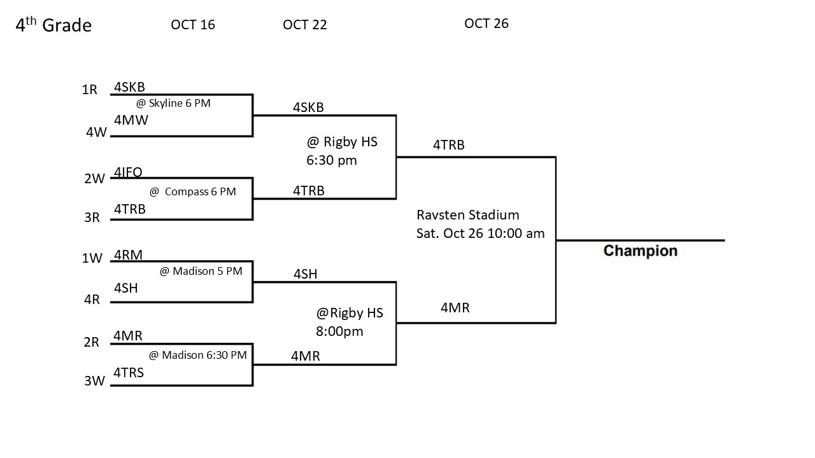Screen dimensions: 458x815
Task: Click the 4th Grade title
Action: click(53, 25)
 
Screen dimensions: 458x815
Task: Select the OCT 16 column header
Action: click(193, 25)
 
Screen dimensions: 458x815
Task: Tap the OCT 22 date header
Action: click(305, 25)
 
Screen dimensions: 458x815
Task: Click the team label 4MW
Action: click(131, 120)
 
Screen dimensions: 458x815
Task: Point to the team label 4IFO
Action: click(128, 172)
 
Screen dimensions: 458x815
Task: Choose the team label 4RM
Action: click(128, 255)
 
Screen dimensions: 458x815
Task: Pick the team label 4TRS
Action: click(129, 373)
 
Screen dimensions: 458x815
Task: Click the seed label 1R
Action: click(90, 90)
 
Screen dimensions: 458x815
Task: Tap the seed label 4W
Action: click(96, 132)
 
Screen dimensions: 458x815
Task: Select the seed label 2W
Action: click(94, 179)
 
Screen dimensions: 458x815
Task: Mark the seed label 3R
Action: click(92, 218)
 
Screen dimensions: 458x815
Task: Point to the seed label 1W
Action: click(92, 258)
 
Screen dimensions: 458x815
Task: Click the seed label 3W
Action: click(94, 382)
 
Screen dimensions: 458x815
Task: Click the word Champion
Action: click(640, 251)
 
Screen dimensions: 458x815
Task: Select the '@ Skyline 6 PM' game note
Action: click(173, 103)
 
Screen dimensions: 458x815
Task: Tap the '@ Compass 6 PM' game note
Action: click(192, 191)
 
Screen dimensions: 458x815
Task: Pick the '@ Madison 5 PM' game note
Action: click(201, 271)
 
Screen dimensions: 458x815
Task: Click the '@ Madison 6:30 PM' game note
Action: click(197, 355)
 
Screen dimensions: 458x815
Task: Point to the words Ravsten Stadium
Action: click(467, 215)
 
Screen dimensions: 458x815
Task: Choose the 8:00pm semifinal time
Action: click(339, 331)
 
